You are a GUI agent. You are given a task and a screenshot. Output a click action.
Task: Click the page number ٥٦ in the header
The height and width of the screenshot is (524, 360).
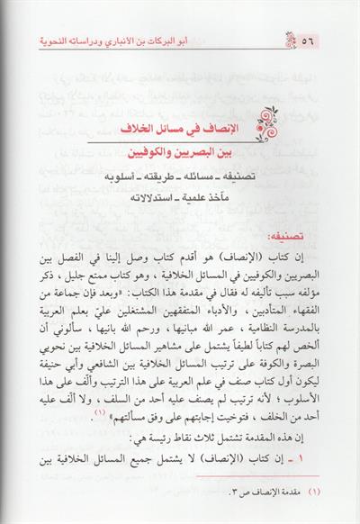(x=336, y=44)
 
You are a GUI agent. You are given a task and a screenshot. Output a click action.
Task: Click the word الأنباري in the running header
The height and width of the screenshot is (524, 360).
(x=204, y=43)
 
